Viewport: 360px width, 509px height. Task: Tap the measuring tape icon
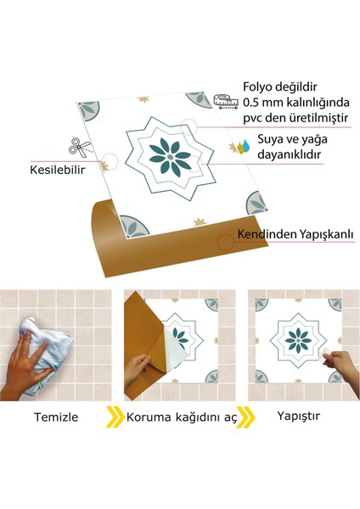(x=223, y=102)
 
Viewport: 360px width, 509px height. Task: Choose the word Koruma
(x=147, y=417)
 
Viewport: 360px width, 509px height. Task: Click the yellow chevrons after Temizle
(x=112, y=417)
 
